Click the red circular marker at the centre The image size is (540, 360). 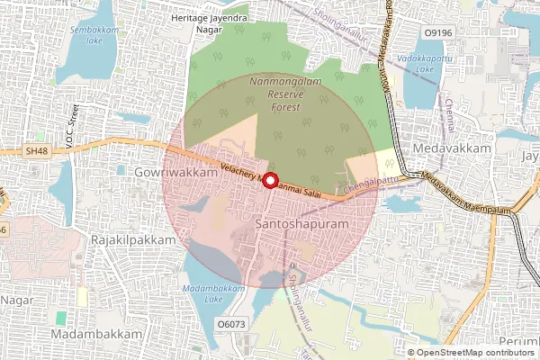pyautogui.click(x=268, y=180)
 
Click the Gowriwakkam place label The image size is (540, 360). pyautogui.click(x=175, y=171)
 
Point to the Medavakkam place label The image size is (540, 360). pyautogui.click(x=443, y=147)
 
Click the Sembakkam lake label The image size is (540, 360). pyautogui.click(x=93, y=35)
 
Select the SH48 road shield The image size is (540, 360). pyautogui.click(x=37, y=152)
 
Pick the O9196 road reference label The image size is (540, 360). pyautogui.click(x=436, y=33)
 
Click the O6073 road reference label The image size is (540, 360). pyautogui.click(x=231, y=323)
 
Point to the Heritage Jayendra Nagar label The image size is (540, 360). pyautogui.click(x=209, y=22)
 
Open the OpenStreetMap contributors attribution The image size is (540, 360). pyautogui.click(x=475, y=353)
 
